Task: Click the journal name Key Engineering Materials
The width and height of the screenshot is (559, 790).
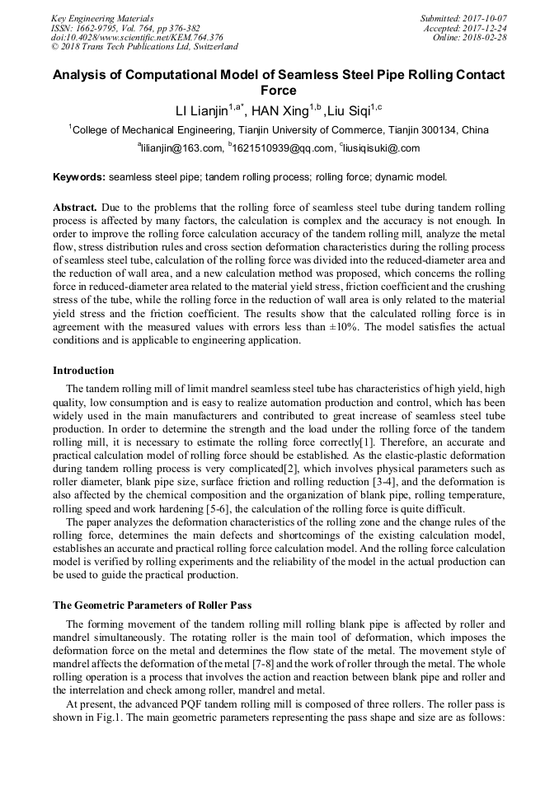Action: coord(102,17)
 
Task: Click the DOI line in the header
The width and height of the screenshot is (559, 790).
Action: coord(137,37)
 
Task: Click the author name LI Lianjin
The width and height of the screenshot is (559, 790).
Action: coord(200,110)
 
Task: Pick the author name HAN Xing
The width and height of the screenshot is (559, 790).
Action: coord(279,110)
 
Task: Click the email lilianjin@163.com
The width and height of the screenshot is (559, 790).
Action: coord(182,148)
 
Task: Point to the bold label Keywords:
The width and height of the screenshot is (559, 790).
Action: coord(78,177)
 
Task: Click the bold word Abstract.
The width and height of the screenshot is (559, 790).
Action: coord(74,208)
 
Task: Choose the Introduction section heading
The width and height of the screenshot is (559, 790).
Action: coord(83,371)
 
